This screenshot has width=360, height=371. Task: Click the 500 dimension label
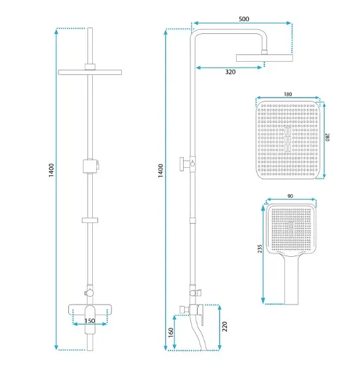coord(244,19)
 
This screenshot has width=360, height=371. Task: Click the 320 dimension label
coord(230,72)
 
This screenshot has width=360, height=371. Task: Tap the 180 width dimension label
coord(288,94)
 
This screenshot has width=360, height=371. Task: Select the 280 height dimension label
coord(327,137)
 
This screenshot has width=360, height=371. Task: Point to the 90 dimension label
coord(290,196)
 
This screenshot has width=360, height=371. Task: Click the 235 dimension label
coord(260,249)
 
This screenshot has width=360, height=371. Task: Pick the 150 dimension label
coord(90,321)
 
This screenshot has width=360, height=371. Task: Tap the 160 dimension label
coord(170,333)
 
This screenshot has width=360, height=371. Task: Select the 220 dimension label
coord(225,327)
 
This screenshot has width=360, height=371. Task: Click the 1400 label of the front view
coord(51,170)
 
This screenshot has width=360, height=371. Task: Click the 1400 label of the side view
coord(160,171)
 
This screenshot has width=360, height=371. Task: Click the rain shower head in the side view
coord(265,58)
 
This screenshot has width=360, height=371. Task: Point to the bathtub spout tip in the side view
coord(204,349)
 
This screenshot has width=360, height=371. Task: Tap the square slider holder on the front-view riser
coord(90,166)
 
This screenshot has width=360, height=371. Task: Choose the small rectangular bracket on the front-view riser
coord(90,220)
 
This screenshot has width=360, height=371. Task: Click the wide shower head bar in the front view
coord(90,72)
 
